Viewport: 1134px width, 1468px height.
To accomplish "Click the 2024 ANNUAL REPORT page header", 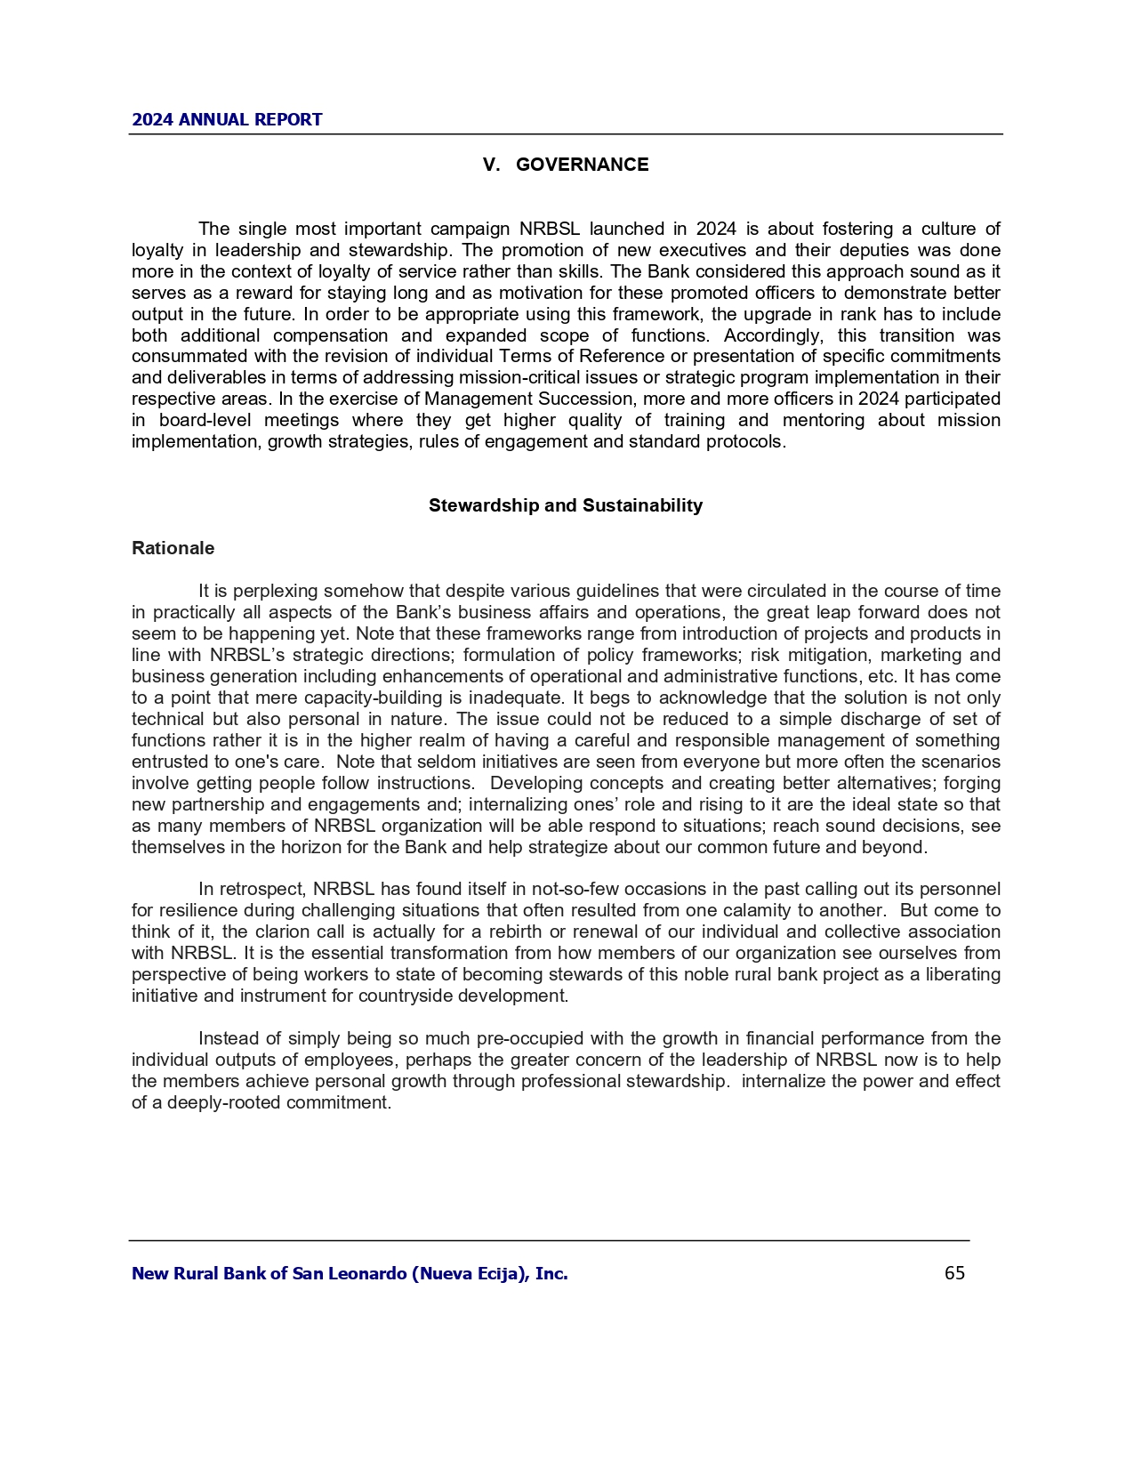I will coord(227,120).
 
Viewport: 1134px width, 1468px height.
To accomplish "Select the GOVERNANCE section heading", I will coord(582,165).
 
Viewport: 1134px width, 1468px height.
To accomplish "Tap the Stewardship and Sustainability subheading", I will coord(566,505).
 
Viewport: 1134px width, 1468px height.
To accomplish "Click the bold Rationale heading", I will coord(173,548).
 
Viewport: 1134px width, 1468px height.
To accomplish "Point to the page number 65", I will coord(954,1273).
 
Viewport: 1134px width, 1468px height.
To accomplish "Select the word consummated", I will coord(182,357).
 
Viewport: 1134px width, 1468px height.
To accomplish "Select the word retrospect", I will coord(262,890).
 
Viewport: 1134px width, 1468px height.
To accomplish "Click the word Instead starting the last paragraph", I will coord(229,1039).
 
